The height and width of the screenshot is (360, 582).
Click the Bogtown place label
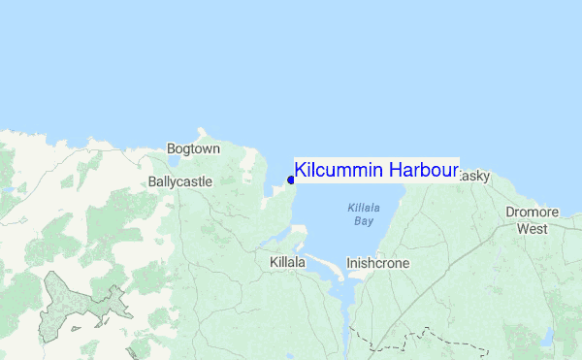[193, 149]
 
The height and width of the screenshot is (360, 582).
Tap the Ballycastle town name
[180, 181]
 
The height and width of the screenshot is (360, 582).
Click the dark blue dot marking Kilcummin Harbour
[291, 179]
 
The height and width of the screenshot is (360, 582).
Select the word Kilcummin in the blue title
[339, 170]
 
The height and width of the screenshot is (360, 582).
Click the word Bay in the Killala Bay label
[363, 221]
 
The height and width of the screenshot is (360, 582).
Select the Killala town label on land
[288, 262]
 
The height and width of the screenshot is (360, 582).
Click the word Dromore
[532, 213]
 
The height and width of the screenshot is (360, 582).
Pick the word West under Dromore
[532, 229]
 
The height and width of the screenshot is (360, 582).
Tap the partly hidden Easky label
[475, 177]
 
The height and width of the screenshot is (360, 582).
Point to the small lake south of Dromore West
[548, 337]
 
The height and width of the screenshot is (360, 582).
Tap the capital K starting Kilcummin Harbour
[301, 170]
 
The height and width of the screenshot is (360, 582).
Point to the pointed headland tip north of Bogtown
[202, 129]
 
